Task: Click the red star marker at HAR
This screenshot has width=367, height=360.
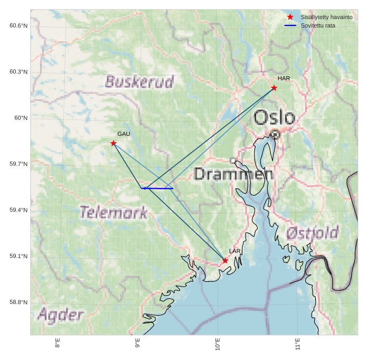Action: point(274,88)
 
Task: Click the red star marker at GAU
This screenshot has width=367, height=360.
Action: point(114,143)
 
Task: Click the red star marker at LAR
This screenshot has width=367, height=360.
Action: point(225,261)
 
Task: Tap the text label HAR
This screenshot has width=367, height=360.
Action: point(284,79)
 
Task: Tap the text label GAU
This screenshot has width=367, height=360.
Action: point(124,134)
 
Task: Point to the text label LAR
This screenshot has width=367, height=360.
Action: point(234,251)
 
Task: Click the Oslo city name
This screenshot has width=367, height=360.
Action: point(274,117)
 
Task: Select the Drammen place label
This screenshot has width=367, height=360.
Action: point(233,174)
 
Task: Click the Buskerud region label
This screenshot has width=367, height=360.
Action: point(139,82)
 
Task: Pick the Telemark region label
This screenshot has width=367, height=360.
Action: point(113,213)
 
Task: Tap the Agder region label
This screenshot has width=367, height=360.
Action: point(60,316)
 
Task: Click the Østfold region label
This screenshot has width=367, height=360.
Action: point(312,233)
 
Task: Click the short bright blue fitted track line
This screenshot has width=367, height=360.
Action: point(158,188)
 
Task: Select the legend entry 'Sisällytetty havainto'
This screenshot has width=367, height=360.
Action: point(326,17)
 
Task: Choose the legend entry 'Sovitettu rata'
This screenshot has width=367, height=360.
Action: point(317,25)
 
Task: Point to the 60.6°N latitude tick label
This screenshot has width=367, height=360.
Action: point(18,26)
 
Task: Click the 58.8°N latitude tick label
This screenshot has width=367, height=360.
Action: point(18,302)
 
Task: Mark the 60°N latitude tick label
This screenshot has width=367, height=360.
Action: point(21,118)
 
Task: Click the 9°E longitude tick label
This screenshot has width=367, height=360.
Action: point(138,344)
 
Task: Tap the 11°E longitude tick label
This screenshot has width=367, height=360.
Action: point(298,344)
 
